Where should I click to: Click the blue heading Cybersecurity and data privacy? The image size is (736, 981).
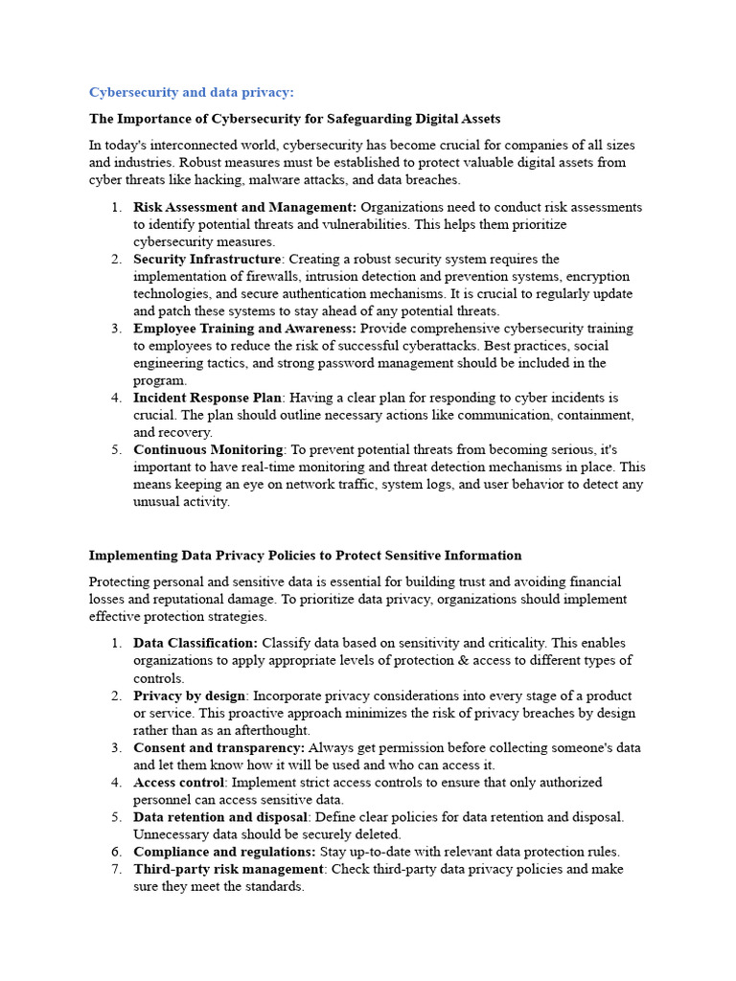(x=192, y=92)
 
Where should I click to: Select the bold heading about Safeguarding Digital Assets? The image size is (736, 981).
(x=294, y=119)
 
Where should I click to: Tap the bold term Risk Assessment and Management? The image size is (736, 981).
(x=244, y=207)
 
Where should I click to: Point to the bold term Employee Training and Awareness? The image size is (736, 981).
(x=245, y=329)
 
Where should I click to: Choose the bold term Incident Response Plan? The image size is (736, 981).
(x=207, y=398)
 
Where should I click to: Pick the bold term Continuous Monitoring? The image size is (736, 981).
(x=208, y=449)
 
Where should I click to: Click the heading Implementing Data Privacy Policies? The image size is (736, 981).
(x=305, y=555)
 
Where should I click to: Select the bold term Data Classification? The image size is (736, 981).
(x=195, y=643)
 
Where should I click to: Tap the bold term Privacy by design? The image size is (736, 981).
(x=189, y=696)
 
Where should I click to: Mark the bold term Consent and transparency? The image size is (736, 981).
(x=219, y=747)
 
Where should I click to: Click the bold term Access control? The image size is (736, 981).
(x=178, y=782)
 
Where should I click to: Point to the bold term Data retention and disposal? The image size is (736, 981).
(x=220, y=816)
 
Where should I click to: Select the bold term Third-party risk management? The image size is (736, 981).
(x=228, y=869)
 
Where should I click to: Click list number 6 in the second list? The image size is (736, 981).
(x=115, y=851)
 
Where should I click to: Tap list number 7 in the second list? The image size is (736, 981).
(x=115, y=869)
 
